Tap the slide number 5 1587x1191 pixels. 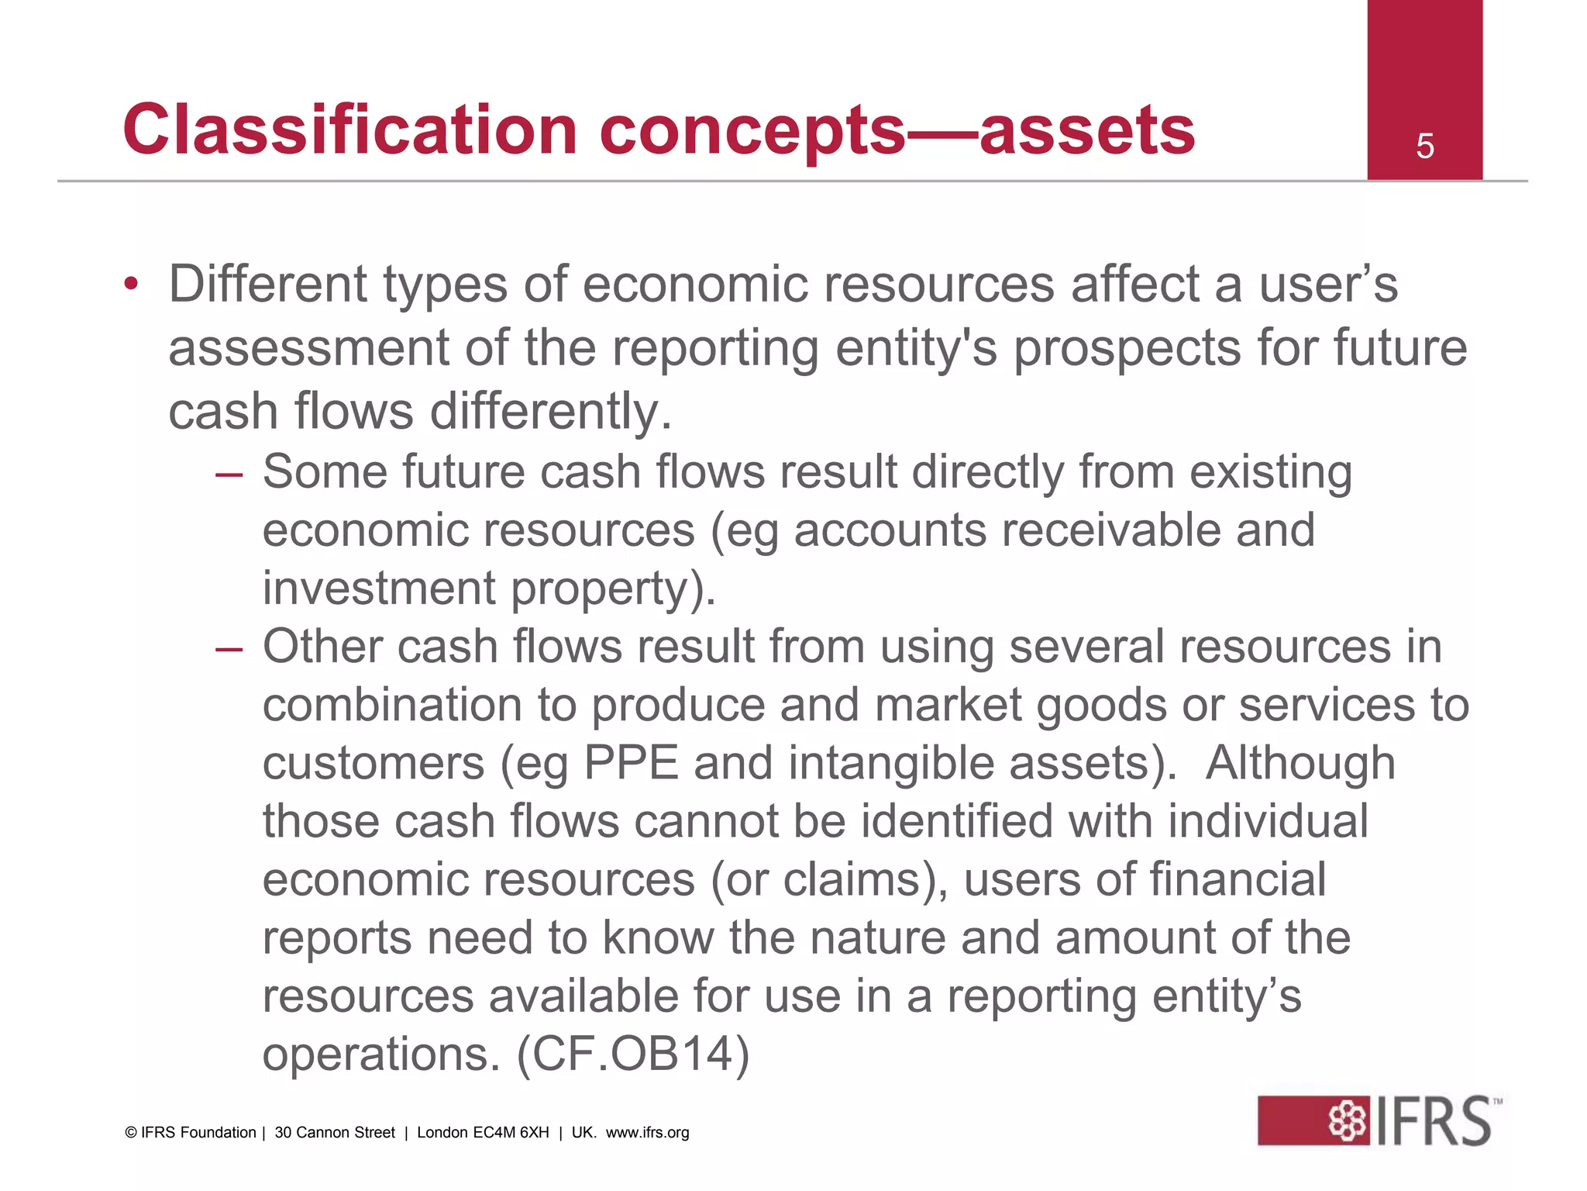pyautogui.click(x=1424, y=147)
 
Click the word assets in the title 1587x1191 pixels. pyautogui.click(x=1087, y=129)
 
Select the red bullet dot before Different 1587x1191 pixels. pyautogui.click(x=131, y=284)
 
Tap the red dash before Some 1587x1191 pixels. pyautogui.click(x=229, y=473)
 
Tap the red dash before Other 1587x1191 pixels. pyautogui.click(x=229, y=647)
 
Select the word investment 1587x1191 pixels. pyautogui.click(x=379, y=589)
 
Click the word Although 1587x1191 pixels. pyautogui.click(x=1300, y=763)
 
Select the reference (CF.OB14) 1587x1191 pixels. pyautogui.click(x=633, y=1055)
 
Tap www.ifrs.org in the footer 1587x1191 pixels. pyautogui.click(x=647, y=1132)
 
